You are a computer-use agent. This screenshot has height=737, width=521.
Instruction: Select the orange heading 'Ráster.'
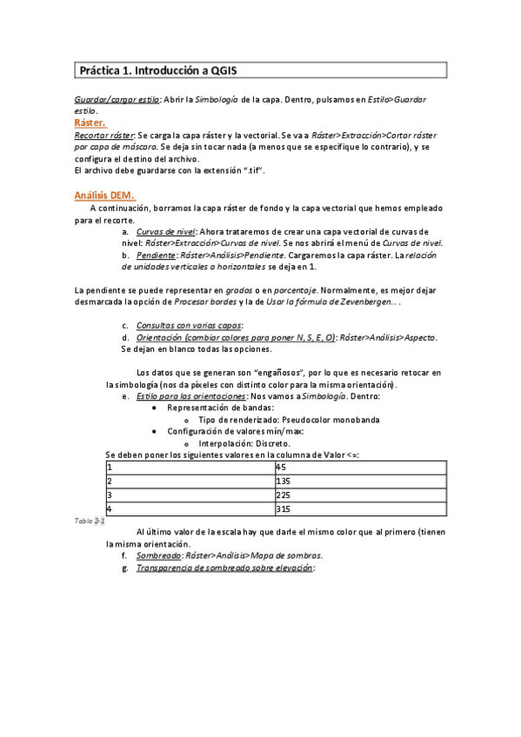pyautogui.click(x=90, y=123)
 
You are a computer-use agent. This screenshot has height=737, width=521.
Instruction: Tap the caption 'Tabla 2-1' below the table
pyautogui.click(x=90, y=520)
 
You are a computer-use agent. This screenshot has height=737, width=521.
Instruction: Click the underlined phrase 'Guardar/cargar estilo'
pyautogui.click(x=117, y=101)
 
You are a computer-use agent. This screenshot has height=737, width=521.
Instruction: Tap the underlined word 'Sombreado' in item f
pyautogui.click(x=158, y=555)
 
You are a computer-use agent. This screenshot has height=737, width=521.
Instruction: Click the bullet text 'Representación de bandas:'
pyautogui.click(x=218, y=408)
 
